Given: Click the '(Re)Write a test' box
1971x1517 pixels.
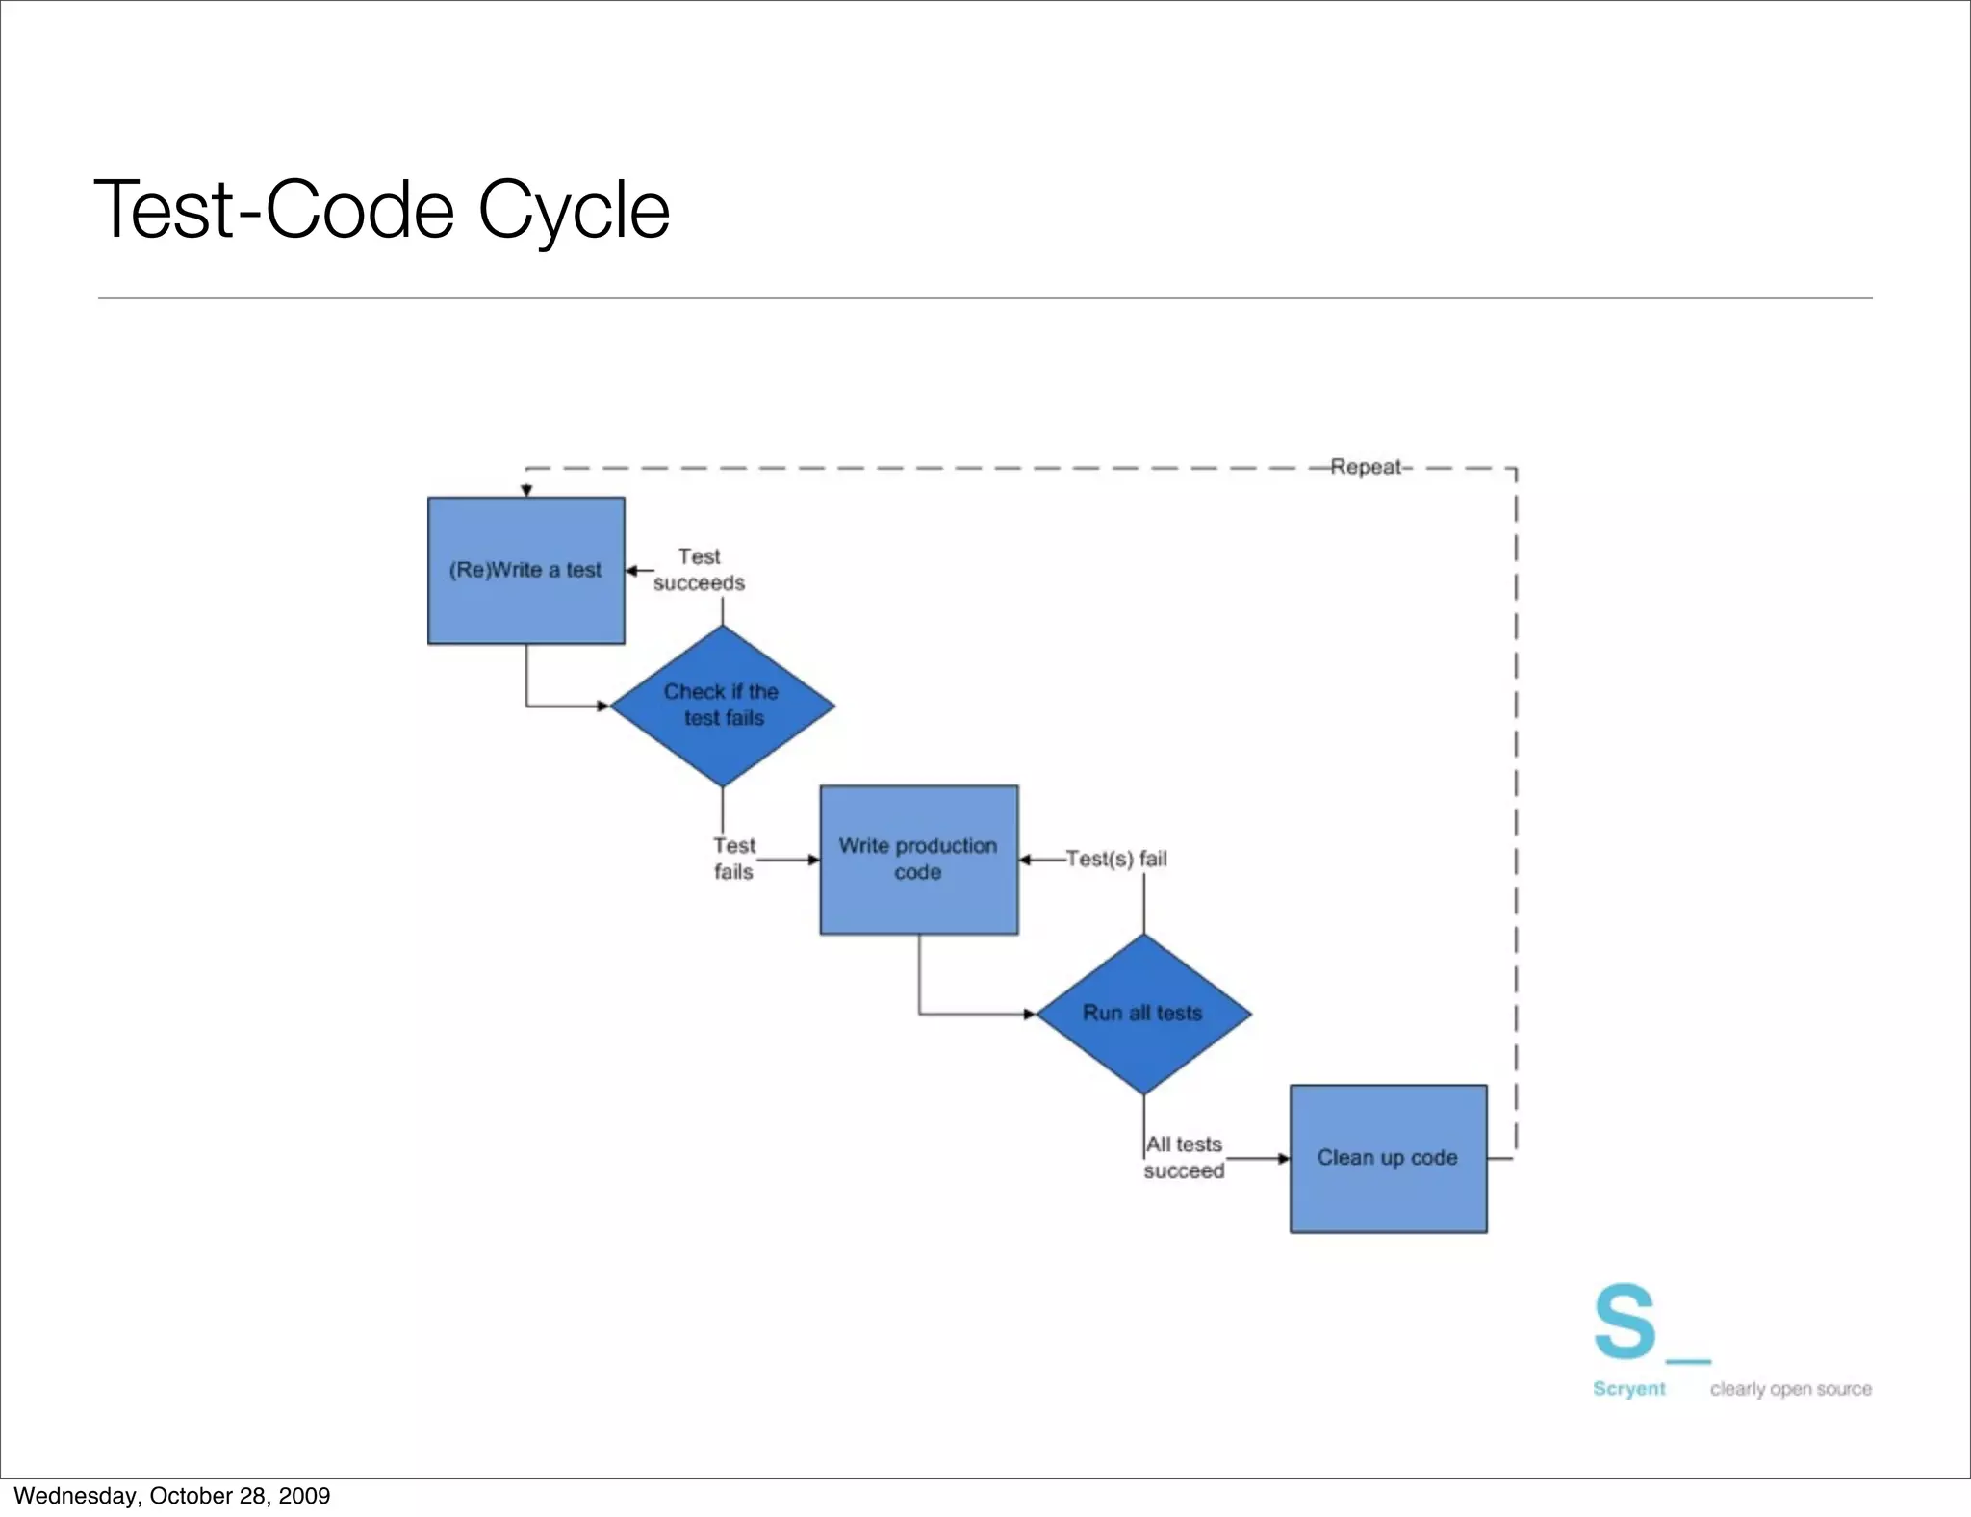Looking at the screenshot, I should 525,570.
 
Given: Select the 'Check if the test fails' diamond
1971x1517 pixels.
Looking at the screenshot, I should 722,706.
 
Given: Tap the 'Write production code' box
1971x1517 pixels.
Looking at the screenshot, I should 918,859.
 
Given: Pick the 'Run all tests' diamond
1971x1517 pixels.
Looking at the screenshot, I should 1143,1014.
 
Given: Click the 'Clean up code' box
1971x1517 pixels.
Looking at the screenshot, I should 1388,1158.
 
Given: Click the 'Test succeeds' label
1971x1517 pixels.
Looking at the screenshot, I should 699,570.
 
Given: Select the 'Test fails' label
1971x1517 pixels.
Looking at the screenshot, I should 733,859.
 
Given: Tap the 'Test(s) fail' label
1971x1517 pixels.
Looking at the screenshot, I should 1116,859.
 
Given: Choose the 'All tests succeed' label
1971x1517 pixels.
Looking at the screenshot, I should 1184,1158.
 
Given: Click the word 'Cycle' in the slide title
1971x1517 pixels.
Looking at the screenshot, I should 574,211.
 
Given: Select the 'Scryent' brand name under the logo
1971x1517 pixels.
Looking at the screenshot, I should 1628,1389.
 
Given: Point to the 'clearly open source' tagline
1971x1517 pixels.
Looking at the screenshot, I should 1790,1389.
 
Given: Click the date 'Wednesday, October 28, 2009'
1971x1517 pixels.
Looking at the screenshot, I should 172,1496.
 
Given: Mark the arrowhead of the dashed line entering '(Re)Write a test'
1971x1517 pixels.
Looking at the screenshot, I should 526,491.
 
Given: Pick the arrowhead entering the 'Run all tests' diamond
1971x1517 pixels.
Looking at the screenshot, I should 1030,1014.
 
